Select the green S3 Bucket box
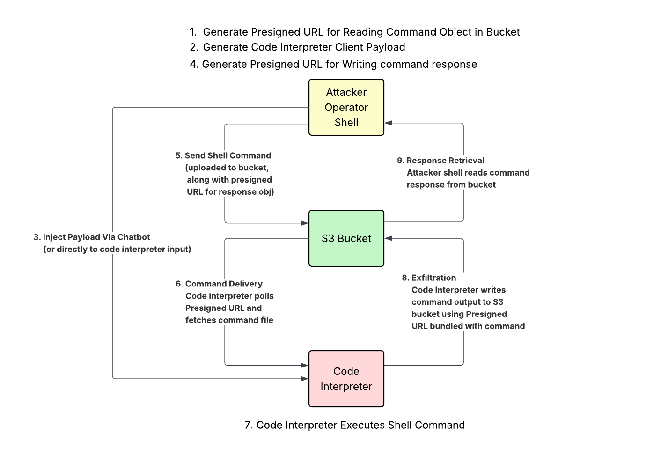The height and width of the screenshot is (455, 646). tap(346, 238)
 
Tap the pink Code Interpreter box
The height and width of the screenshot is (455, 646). tap(346, 379)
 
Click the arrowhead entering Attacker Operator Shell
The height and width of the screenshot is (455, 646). tap(388, 123)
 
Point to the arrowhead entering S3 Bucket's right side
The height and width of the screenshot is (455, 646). tap(388, 238)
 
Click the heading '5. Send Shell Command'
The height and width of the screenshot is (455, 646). tap(223, 155)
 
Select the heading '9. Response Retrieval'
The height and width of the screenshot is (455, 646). tap(440, 161)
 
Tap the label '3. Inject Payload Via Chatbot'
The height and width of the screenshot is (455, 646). tap(92, 237)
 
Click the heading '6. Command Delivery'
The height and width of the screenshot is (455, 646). tap(219, 284)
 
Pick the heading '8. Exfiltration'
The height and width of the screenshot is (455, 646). tap(429, 278)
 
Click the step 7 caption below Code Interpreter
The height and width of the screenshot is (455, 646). tap(354, 425)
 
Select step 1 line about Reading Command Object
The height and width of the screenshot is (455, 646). tap(354, 32)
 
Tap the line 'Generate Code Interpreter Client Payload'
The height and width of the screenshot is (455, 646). tap(304, 47)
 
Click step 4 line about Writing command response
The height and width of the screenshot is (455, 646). tap(333, 64)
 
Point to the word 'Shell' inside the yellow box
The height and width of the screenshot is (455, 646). tap(346, 123)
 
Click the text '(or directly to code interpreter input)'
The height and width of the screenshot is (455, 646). tap(117, 249)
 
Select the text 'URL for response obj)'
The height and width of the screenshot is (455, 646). tap(230, 192)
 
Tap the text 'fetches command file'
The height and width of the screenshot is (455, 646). tap(229, 320)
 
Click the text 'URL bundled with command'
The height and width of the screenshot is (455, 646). tap(468, 326)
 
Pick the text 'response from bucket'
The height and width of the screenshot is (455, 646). tap(451, 185)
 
